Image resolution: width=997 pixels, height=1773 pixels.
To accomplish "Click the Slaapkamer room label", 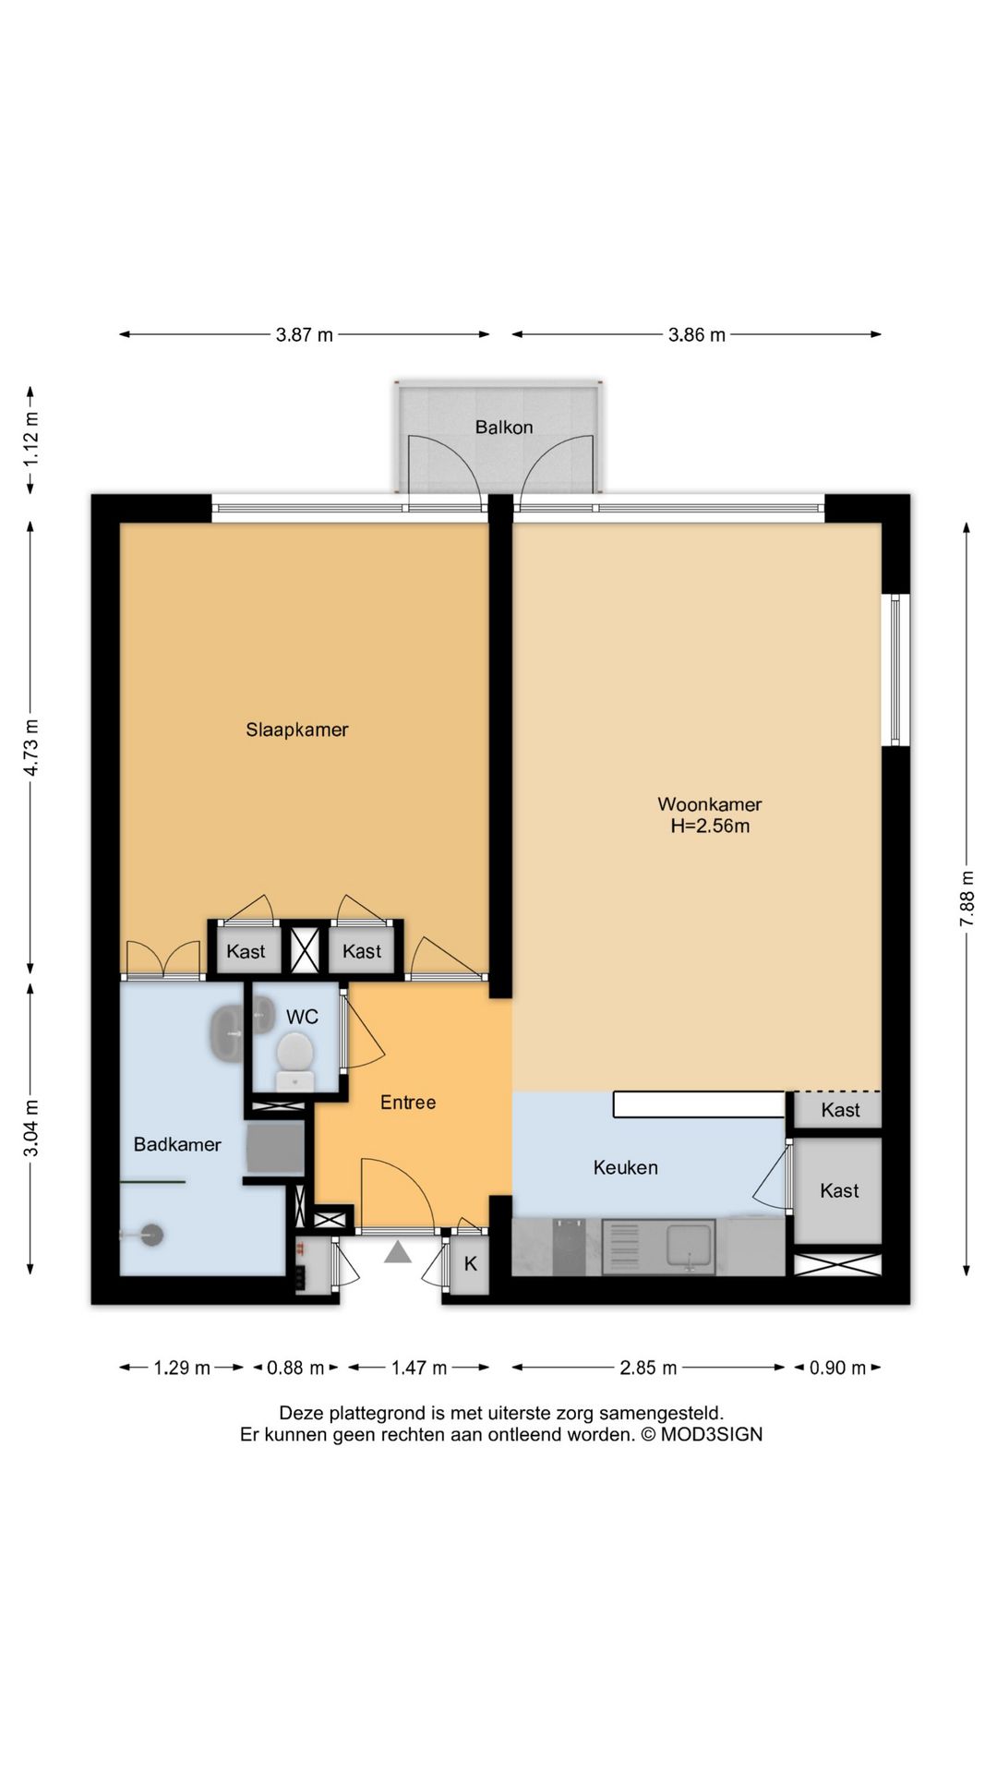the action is [296, 730].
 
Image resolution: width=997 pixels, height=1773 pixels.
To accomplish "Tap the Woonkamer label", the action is [709, 804].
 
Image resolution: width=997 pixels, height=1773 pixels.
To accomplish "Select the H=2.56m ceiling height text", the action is [709, 826].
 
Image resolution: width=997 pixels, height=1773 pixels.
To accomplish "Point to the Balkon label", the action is [504, 427].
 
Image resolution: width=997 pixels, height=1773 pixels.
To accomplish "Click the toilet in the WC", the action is [294, 1060].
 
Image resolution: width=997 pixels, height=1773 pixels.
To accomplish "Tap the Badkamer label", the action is [177, 1145].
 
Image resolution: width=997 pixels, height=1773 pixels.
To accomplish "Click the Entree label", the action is [408, 1103].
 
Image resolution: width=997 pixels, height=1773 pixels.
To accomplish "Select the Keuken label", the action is [626, 1168].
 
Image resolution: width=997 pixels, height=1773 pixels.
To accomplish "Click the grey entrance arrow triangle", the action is [398, 1252].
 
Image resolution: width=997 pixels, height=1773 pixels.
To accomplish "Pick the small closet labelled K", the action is [470, 1264].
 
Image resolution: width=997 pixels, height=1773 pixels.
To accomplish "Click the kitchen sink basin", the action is [690, 1246].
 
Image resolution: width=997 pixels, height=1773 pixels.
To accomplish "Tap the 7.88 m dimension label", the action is [967, 899].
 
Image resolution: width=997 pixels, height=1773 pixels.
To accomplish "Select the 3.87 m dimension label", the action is [305, 335].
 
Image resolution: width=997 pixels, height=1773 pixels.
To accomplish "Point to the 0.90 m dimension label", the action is [837, 1368].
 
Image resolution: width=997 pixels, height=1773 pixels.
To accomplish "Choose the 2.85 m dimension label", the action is [648, 1368].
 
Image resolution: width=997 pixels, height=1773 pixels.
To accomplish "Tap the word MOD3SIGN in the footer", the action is [711, 1435].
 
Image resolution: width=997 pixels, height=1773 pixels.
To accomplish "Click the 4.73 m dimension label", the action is [30, 747].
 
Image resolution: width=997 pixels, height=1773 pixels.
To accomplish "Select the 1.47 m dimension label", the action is [418, 1368].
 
